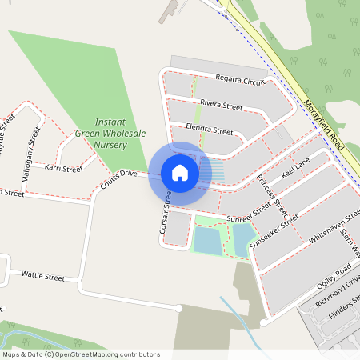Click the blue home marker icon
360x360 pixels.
point(180,172)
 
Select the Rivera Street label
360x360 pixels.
point(221,105)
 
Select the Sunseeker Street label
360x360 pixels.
point(274,231)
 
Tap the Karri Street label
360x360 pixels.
point(64,169)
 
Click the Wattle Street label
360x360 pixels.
point(42,277)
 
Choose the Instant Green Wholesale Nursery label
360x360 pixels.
point(106,134)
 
